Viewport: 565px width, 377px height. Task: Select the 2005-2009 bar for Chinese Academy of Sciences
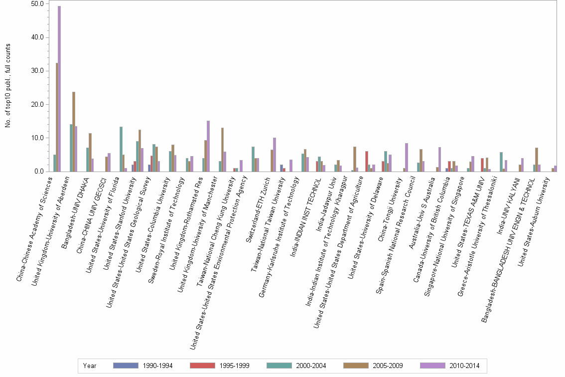click(x=57, y=117)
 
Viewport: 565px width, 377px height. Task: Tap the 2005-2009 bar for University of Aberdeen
click(x=74, y=132)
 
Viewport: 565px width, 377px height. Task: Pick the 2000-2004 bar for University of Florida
click(x=121, y=149)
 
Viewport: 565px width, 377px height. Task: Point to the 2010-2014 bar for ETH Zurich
click(x=275, y=155)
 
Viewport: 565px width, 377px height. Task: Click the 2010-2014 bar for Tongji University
click(x=407, y=158)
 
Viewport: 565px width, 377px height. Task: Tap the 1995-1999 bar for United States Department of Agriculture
click(x=366, y=162)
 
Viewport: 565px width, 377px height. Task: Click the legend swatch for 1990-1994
click(x=126, y=366)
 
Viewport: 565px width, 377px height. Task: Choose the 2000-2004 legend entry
click(x=310, y=366)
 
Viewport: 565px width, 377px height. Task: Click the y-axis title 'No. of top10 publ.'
click(x=8, y=85)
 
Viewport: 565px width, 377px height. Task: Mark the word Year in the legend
click(x=90, y=366)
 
